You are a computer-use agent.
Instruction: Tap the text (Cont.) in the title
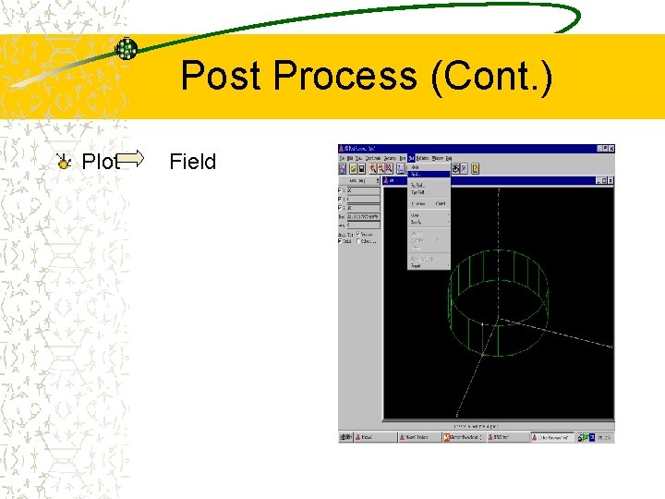(x=492, y=76)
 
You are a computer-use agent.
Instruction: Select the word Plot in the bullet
(x=101, y=162)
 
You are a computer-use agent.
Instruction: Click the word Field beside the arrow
(x=192, y=162)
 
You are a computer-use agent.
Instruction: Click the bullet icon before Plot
(x=63, y=163)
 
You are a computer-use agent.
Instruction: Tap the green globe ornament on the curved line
(x=127, y=49)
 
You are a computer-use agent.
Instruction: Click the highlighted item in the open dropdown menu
(x=428, y=174)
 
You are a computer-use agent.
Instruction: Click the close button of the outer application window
(x=611, y=148)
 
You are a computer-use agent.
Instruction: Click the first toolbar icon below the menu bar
(x=343, y=169)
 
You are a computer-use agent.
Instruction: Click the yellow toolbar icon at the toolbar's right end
(x=476, y=169)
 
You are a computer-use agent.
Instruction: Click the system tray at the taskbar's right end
(x=602, y=437)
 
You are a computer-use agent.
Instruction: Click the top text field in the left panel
(x=361, y=189)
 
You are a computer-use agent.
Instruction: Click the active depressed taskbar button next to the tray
(x=552, y=437)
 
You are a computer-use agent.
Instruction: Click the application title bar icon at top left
(x=342, y=148)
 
